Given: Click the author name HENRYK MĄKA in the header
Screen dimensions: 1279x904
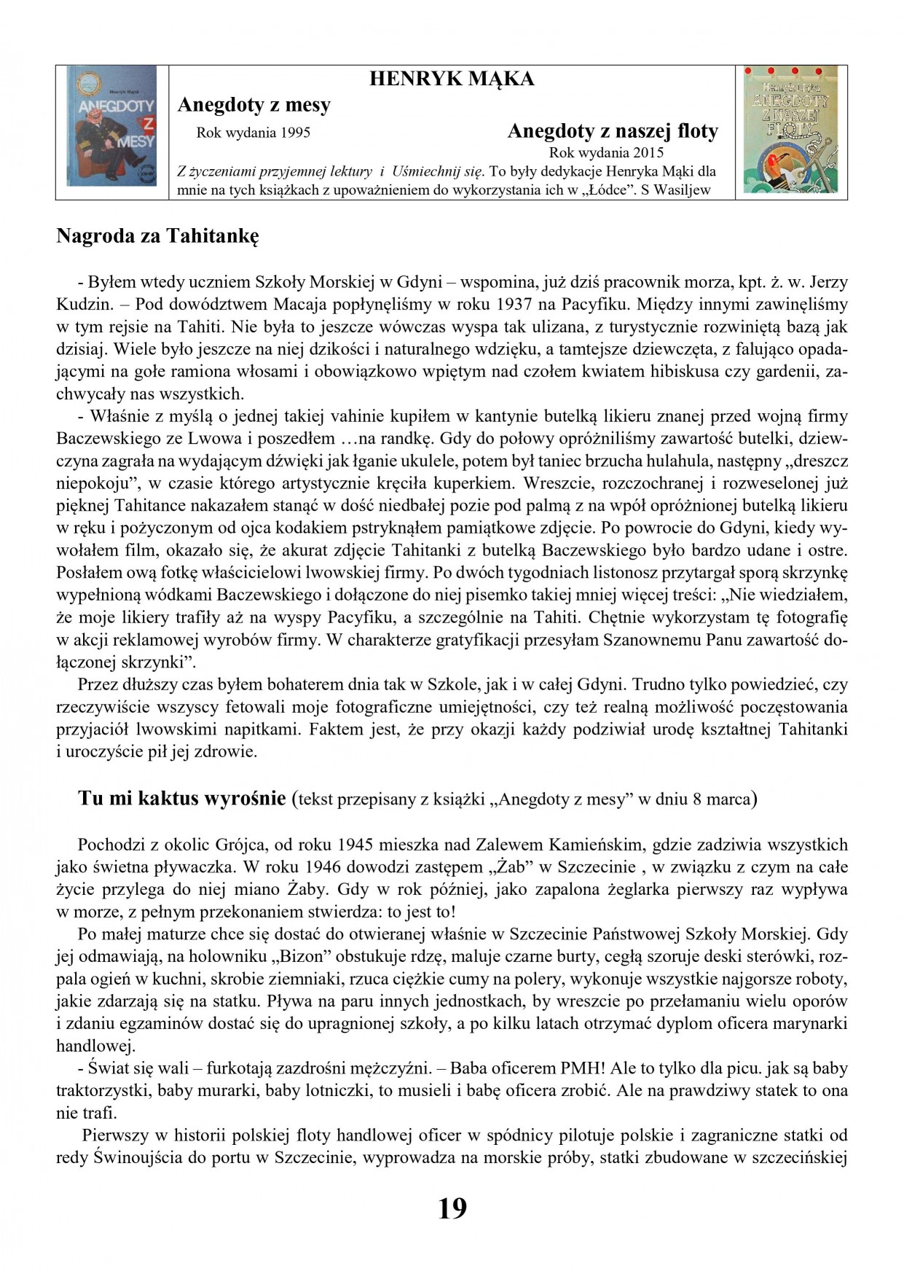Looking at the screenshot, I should point(452,79).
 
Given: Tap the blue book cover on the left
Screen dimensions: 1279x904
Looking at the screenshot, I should point(111,125).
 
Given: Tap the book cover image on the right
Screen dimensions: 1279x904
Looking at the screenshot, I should point(790,129).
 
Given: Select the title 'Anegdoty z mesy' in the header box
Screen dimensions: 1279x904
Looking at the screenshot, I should point(253,105).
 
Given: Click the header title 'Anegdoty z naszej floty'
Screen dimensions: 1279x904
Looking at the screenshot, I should point(612,131).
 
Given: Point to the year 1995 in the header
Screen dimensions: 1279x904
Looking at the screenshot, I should point(294,133).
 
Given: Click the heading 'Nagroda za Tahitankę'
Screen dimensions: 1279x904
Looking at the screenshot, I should point(157,236).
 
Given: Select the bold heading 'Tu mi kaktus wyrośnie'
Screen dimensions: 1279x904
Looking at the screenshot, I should point(181,799).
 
